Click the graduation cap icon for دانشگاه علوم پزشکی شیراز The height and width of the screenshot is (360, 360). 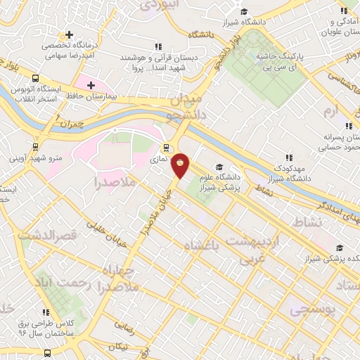click(219, 167)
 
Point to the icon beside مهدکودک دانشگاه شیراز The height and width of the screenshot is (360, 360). click(288, 157)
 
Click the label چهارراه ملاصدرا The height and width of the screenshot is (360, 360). click(105, 279)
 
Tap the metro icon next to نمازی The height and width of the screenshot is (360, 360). click(167, 148)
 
